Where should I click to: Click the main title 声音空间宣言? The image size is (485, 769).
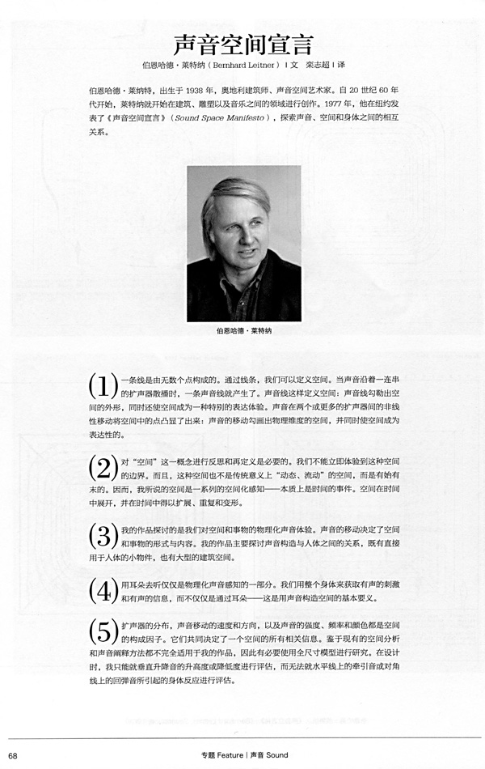(242, 44)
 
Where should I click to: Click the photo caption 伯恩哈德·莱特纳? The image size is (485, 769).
(242, 331)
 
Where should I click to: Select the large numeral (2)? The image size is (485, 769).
(103, 469)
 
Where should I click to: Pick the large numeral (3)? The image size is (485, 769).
(103, 537)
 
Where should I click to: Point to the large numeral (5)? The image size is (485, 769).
(103, 634)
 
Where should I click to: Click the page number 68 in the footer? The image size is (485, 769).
(14, 755)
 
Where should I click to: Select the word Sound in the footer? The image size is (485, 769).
(276, 755)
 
